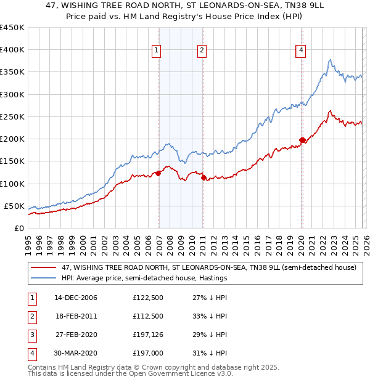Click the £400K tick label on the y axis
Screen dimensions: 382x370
pos(12,50)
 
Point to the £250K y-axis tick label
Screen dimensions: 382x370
pos(12,116)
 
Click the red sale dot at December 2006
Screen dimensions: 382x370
pos(158,173)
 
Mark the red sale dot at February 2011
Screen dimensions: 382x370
pos(203,178)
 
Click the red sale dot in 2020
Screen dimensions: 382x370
pos(302,140)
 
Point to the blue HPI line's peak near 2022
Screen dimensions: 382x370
pos(331,60)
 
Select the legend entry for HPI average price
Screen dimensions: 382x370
pos(144,278)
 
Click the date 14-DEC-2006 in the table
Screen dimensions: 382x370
pos(76,298)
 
